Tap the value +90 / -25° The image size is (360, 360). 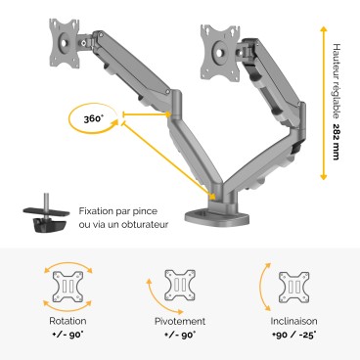[x=292, y=335]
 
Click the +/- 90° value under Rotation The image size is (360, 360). [x=67, y=335]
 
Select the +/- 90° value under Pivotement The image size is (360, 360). [x=180, y=335]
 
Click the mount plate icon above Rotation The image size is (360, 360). [x=67, y=285]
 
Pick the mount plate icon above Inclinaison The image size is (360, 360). [x=293, y=285]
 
